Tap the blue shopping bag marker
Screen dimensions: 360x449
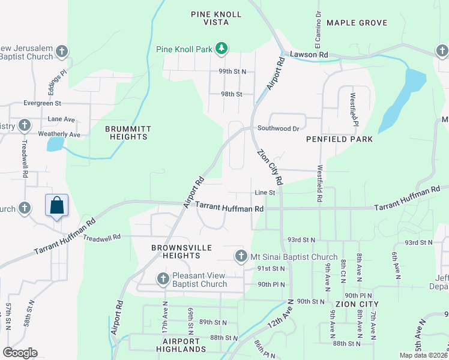coord(57,206)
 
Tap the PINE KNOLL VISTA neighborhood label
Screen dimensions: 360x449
coord(216,18)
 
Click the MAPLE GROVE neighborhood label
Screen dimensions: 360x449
coord(357,23)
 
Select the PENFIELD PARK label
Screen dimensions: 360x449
coord(339,139)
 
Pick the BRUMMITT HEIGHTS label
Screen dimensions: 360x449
coord(126,133)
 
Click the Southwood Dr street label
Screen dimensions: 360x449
coord(278,128)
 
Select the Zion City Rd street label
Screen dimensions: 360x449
coord(271,167)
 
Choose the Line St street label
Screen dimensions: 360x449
coord(264,193)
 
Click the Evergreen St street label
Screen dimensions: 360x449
coord(42,103)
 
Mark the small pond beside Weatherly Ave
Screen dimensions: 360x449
coord(54,145)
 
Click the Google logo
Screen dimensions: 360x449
coord(20,353)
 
